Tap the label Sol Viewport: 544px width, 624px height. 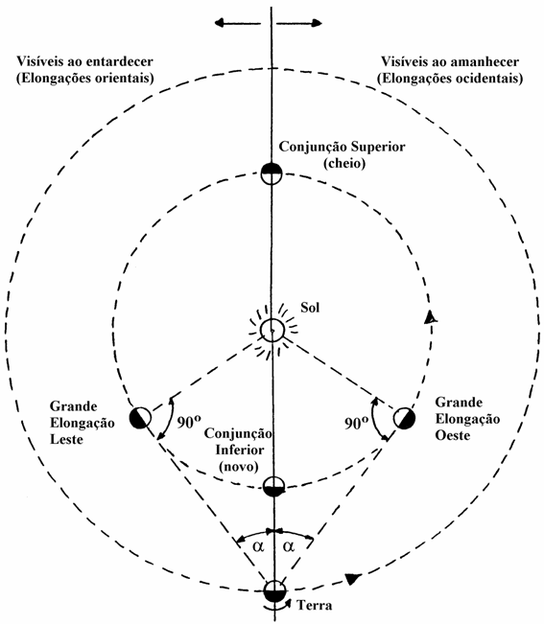click(310, 308)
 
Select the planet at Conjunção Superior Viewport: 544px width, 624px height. click(272, 173)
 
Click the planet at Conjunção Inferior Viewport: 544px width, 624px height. click(274, 486)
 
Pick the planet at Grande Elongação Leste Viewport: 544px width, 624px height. click(140, 418)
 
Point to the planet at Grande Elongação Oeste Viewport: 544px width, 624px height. click(404, 418)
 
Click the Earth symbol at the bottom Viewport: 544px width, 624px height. click(274, 590)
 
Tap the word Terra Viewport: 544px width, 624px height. click(315, 606)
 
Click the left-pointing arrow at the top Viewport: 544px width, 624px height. click(237, 23)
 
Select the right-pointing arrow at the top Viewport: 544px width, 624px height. click(299, 23)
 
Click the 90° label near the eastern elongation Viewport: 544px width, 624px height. click(189, 422)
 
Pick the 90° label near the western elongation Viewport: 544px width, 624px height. click(356, 423)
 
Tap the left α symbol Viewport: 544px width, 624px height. click(258, 546)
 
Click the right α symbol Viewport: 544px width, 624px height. click(289, 546)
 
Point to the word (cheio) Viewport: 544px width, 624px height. click(344, 164)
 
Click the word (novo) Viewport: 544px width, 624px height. click(239, 467)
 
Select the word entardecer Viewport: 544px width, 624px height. click(120, 61)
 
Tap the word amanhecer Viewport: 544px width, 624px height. click(485, 61)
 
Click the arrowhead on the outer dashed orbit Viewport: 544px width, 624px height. click(352, 578)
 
